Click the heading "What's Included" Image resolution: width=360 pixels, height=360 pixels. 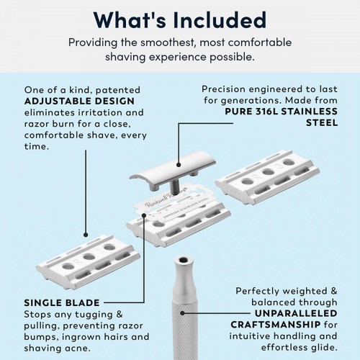click(179, 17)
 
